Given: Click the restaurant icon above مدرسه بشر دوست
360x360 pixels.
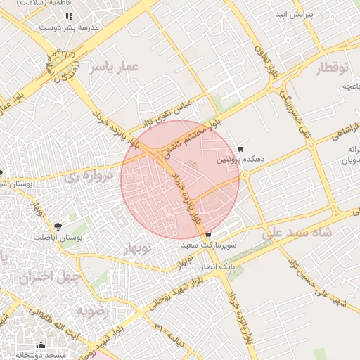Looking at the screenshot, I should tap(69, 15).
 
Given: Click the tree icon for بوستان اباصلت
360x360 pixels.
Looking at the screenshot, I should tap(57, 226).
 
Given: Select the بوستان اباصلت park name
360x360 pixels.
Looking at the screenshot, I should tap(58, 238).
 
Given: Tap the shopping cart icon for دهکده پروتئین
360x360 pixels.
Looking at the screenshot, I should tap(240, 149).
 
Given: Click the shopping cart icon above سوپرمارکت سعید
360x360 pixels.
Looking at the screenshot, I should tap(207, 235).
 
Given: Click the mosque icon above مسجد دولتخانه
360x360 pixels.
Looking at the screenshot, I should tap(41, 345).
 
